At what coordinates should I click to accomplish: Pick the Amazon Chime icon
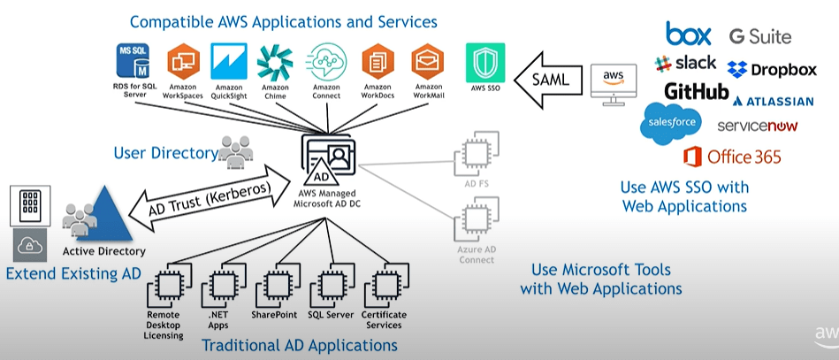point(275,62)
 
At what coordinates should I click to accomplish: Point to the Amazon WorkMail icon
point(428,62)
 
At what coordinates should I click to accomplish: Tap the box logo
point(689,34)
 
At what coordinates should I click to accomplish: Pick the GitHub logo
point(697,92)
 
